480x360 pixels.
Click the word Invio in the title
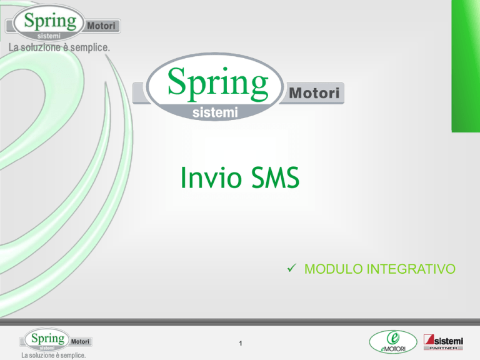click(x=211, y=177)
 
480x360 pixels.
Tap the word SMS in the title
click(x=275, y=177)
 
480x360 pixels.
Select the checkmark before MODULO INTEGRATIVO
click(x=292, y=268)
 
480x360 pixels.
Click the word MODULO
click(x=333, y=269)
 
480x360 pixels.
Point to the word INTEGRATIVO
click(x=411, y=269)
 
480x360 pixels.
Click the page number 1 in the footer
click(x=241, y=343)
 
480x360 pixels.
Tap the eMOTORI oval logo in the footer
click(x=393, y=342)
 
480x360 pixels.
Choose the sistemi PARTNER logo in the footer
click(x=443, y=342)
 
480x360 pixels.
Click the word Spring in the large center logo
click(x=218, y=83)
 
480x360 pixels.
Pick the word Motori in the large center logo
click(x=314, y=93)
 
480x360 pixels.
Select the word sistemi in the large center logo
click(x=215, y=112)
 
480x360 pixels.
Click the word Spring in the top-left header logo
click(x=50, y=21)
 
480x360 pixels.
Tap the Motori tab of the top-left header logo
click(x=101, y=26)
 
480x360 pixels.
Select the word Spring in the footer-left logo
click(x=47, y=339)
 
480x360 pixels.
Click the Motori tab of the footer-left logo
click(x=80, y=341)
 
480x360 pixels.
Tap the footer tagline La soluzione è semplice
click(x=54, y=356)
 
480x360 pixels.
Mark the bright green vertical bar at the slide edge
click(x=466, y=66)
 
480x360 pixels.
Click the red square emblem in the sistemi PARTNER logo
click(x=429, y=339)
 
